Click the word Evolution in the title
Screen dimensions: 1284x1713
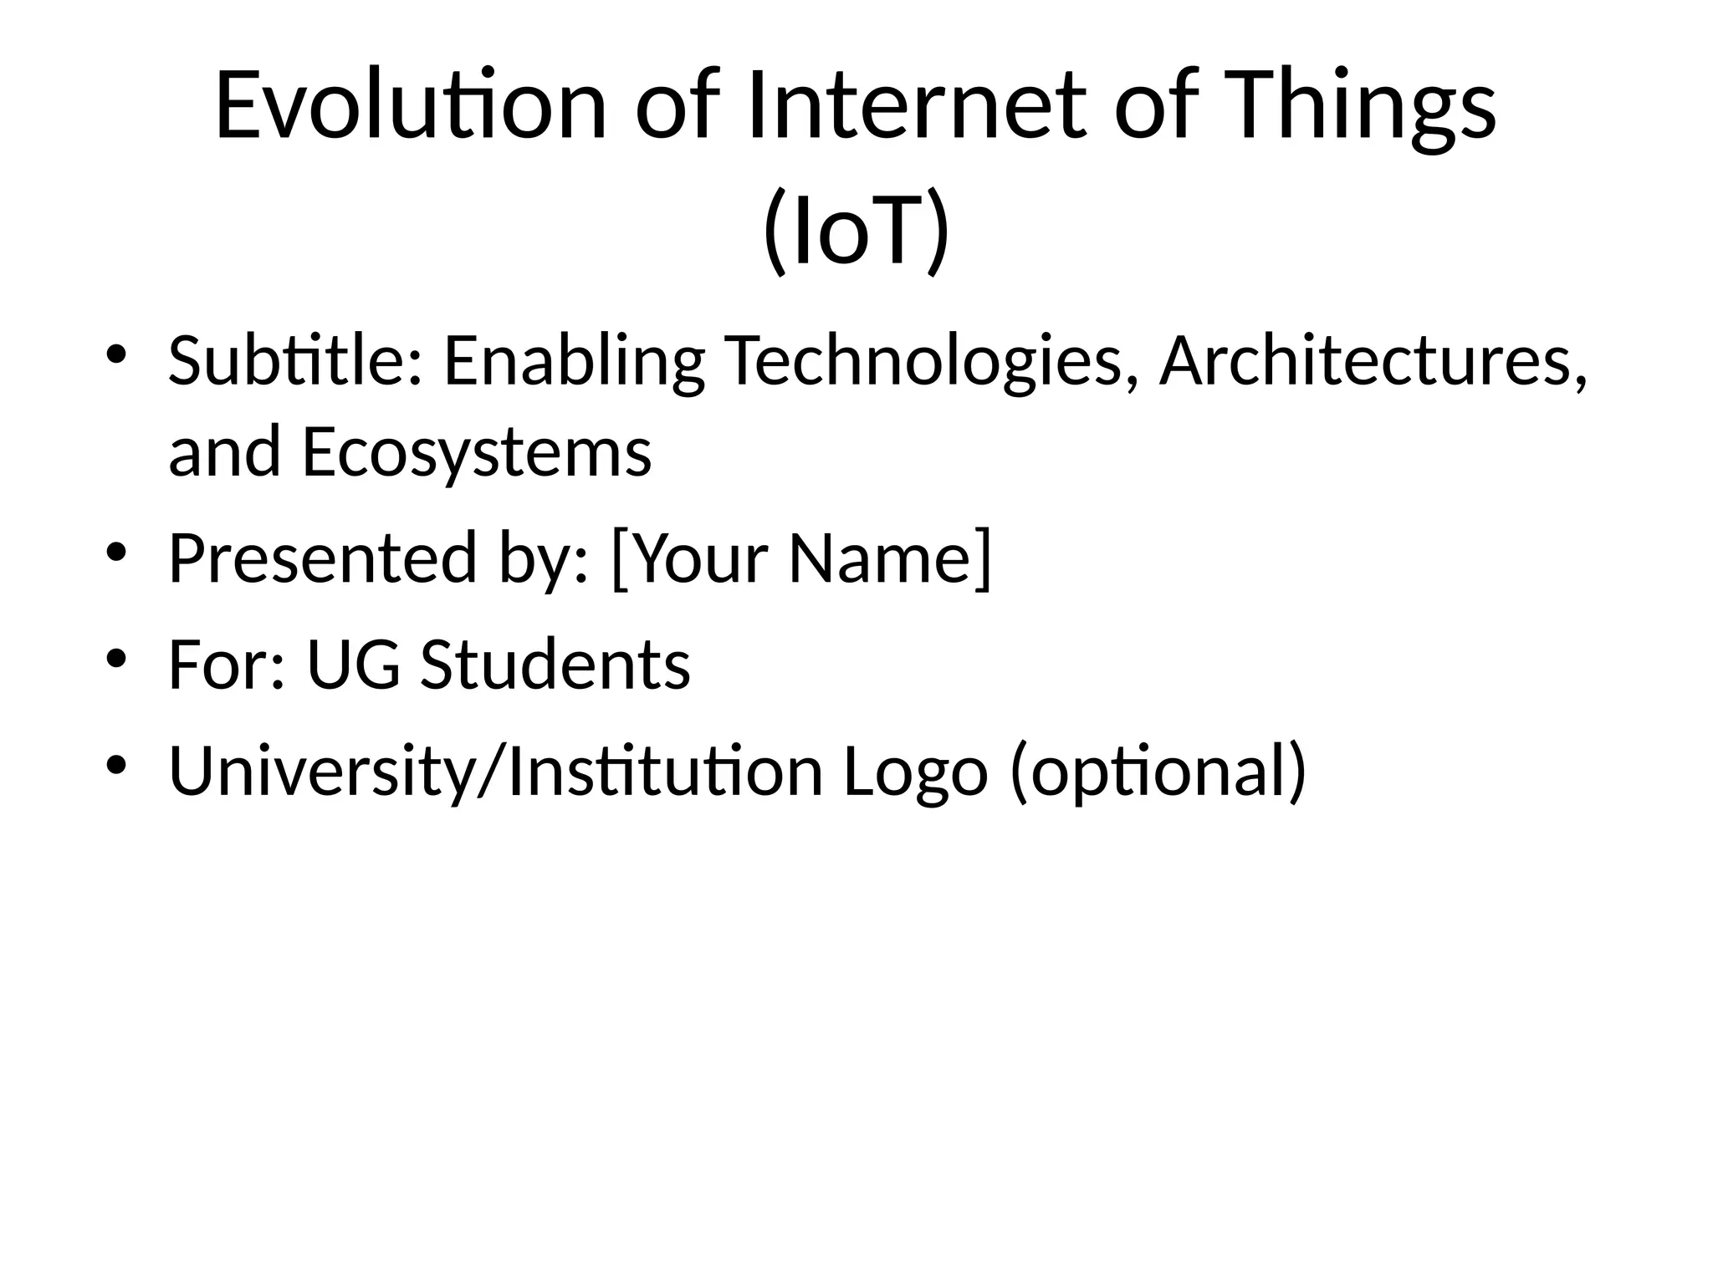410,106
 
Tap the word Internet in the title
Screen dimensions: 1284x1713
917,106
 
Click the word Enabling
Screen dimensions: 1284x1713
574,361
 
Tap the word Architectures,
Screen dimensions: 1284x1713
1373,361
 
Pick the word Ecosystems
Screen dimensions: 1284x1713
477,452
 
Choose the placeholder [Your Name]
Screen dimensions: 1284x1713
801,558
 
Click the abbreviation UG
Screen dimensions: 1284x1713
353,665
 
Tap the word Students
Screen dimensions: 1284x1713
555,665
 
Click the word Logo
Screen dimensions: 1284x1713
915,771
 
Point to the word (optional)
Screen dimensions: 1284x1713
1158,771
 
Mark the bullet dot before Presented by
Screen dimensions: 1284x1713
116,551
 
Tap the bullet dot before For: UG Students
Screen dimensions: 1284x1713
116,658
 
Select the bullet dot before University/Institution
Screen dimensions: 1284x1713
116,764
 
